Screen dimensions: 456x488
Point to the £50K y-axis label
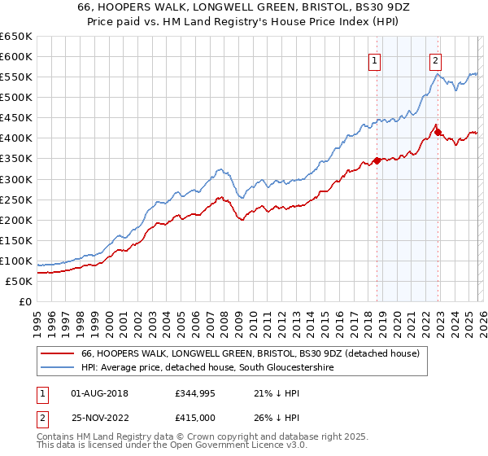[x=19, y=281]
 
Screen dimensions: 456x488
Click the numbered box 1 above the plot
[x=374, y=59]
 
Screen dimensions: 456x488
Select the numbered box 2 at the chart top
[x=435, y=59]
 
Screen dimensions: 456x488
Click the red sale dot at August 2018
[x=377, y=160]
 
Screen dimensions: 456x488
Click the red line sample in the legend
[x=56, y=354]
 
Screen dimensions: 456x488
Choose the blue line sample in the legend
[x=56, y=368]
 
